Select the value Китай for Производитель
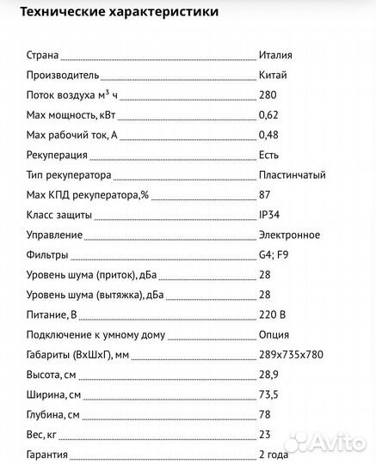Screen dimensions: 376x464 point(272,76)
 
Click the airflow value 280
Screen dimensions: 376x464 point(267,95)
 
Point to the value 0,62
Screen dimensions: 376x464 point(268,115)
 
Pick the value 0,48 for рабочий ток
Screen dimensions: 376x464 point(268,136)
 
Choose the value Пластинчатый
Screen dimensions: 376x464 point(292,175)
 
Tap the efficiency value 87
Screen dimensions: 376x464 point(264,195)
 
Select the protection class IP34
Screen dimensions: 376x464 point(268,215)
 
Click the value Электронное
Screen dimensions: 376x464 point(289,235)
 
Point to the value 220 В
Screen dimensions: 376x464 point(271,314)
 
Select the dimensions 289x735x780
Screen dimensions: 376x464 point(292,355)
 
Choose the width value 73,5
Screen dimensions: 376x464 point(268,394)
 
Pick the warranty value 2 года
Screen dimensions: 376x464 point(274,455)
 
